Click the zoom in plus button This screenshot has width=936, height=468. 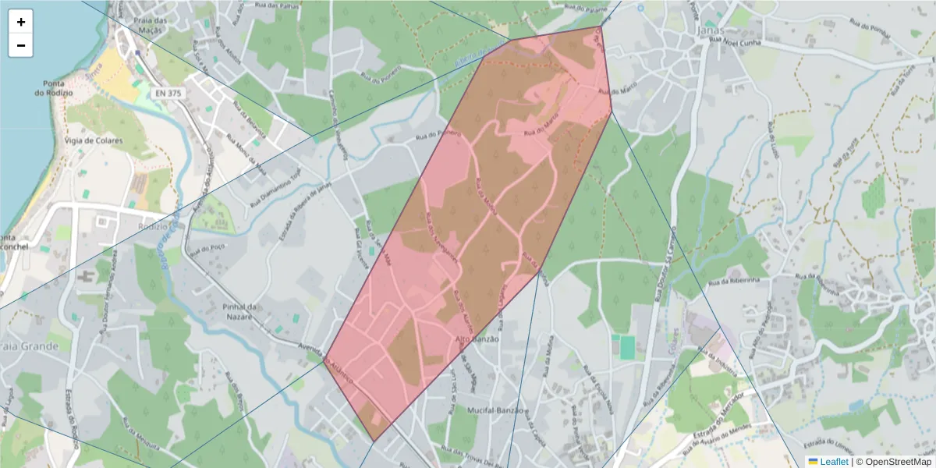tap(21, 22)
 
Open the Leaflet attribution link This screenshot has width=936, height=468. tap(833, 462)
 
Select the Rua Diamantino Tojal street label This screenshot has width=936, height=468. tap(275, 185)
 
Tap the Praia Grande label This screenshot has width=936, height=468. tap(29, 346)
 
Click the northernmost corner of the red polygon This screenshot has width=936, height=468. tap(600, 27)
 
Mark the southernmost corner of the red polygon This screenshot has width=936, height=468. tap(374, 441)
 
